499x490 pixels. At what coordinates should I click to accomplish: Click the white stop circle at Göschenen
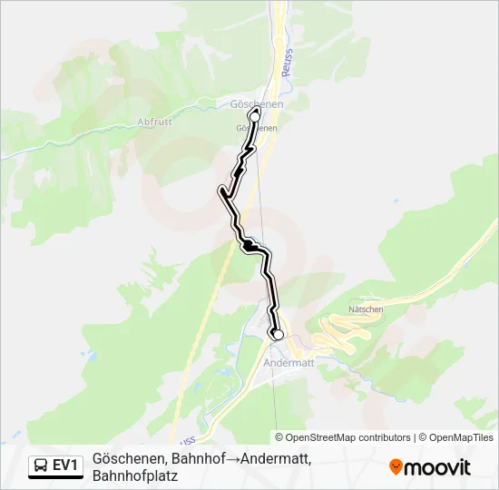pos(255,116)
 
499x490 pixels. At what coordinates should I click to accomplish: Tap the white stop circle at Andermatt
pos(279,335)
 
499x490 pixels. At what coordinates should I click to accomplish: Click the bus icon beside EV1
pos(41,466)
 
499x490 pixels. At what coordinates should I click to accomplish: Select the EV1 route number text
pos(66,466)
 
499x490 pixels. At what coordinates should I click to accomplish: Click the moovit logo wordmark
pos(438,467)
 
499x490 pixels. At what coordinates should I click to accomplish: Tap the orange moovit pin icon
pos(396,467)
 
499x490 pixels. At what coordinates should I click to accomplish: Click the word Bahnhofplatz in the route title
pos(142,475)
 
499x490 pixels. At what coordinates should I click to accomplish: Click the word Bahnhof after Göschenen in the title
pos(197,458)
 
